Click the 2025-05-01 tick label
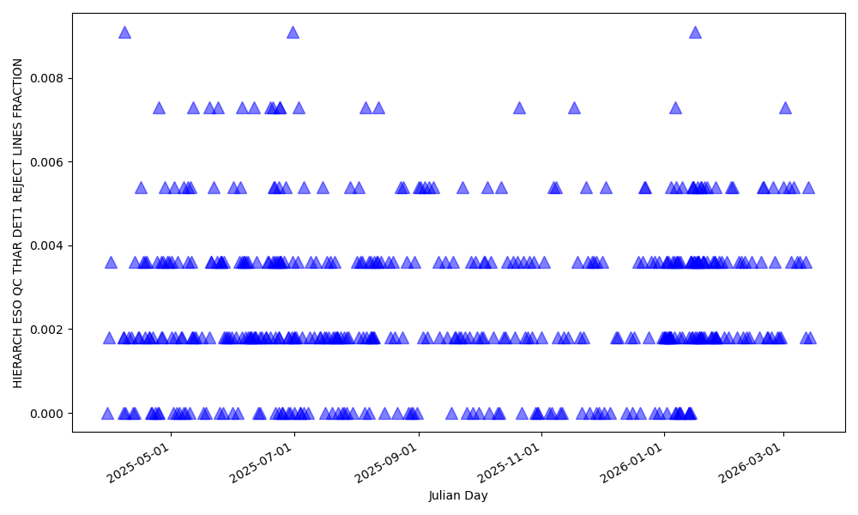point(138,464)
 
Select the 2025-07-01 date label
point(262,464)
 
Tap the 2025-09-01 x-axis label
point(386,464)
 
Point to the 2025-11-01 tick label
point(510,464)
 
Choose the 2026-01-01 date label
point(632,464)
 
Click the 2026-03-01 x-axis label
point(751,464)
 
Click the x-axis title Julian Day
point(458,496)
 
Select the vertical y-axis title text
point(18,222)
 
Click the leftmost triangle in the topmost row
point(124,33)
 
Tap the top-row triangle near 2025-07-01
point(293,33)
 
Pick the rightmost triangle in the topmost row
point(695,33)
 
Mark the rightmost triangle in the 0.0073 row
point(785,108)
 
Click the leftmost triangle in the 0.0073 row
point(159,108)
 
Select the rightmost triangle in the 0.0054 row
point(808,188)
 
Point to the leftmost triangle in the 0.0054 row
point(141,188)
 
